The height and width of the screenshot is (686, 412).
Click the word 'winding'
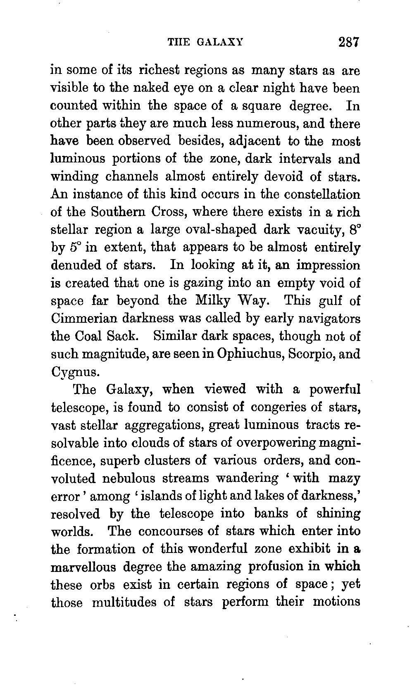point(74,177)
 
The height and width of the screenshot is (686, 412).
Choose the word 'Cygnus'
point(75,372)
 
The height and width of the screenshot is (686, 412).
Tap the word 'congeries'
point(281,407)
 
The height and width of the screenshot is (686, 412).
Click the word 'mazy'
point(344,478)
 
